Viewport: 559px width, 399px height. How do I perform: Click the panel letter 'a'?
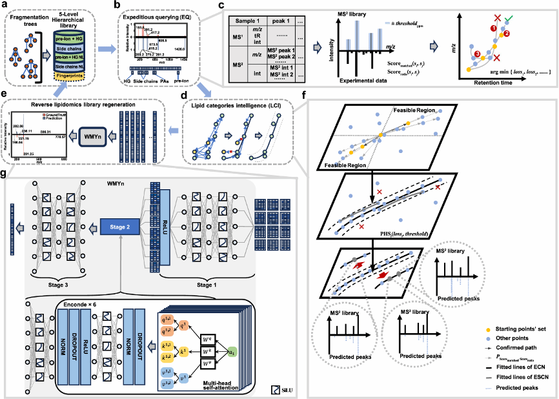5,5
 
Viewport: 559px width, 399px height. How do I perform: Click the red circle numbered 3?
477,54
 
